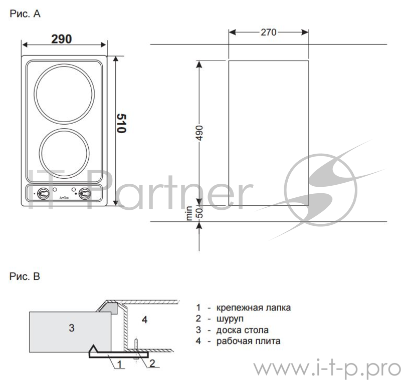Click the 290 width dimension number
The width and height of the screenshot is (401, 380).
point(61,39)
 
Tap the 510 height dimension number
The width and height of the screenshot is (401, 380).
point(121,123)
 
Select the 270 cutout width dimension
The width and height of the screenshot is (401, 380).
point(269,33)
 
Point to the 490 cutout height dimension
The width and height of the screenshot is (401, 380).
point(199,133)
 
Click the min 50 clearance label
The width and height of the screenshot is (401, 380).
point(194,213)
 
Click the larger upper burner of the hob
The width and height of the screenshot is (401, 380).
point(64,94)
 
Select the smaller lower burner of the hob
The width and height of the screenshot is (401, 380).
point(64,153)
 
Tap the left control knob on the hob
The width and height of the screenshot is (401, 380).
point(43,194)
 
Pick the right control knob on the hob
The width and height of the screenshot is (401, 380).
point(84,194)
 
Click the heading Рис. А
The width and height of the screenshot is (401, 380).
point(25,14)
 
